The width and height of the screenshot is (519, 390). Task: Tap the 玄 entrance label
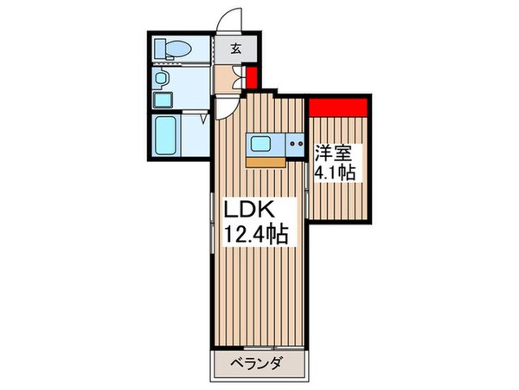coord(235,48)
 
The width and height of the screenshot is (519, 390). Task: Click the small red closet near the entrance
coord(251,78)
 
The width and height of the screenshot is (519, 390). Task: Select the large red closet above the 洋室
coord(339,108)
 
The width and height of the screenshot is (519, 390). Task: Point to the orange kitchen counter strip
coord(264,160)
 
